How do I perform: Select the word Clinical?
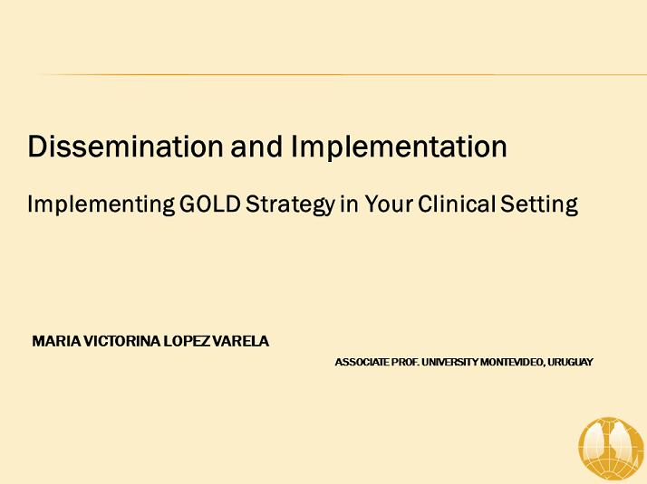click(457, 204)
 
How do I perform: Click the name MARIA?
click(54, 342)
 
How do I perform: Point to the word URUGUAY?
click(571, 362)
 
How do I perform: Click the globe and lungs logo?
click(611, 447)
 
